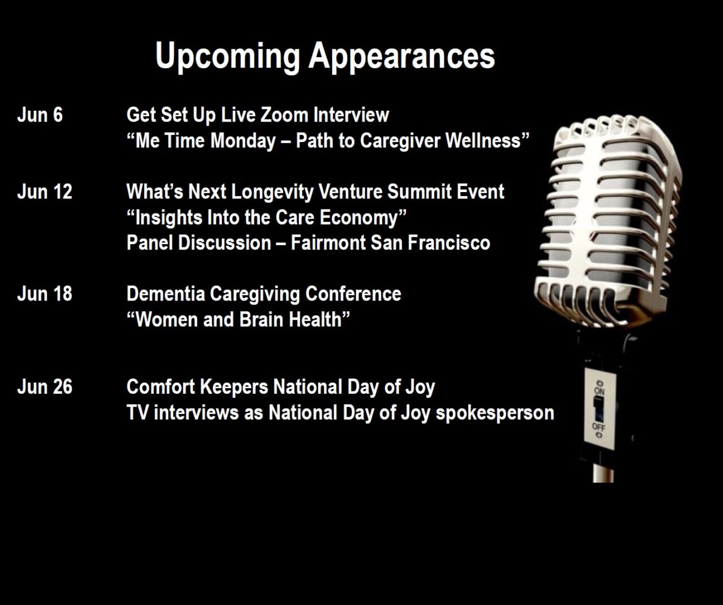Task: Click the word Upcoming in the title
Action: (x=228, y=57)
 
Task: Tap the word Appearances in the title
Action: (x=402, y=57)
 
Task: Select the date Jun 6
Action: (x=40, y=115)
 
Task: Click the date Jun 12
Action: (x=45, y=191)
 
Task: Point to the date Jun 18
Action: (x=45, y=294)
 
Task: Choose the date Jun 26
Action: (x=45, y=386)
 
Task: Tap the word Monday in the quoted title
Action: (x=243, y=141)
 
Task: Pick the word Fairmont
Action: (x=328, y=243)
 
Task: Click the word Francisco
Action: (x=448, y=243)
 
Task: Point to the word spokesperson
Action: (x=495, y=414)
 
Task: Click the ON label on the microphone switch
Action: (x=599, y=391)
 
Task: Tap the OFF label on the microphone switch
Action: (x=599, y=427)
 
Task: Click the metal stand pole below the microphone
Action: (x=603, y=473)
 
